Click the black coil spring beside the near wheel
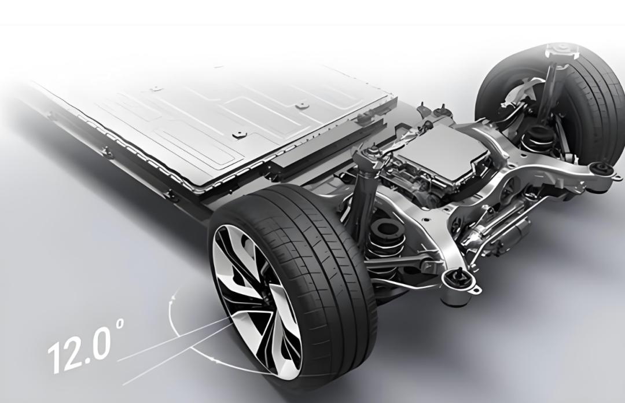(384, 247)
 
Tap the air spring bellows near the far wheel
(536, 138)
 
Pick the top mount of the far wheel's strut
(561, 50)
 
